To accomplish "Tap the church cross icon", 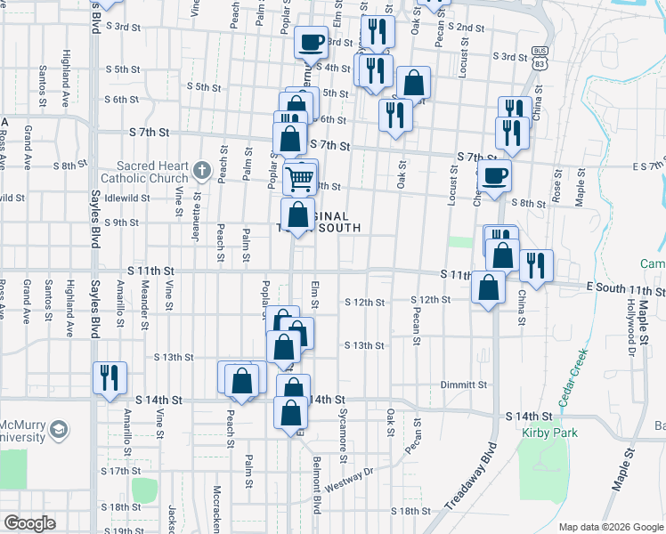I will tap(202, 170).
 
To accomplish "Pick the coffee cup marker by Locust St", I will tap(494, 175).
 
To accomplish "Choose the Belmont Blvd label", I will tap(316, 485).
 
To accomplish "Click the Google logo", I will tap(30, 523).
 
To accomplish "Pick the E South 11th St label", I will tap(625, 291).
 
